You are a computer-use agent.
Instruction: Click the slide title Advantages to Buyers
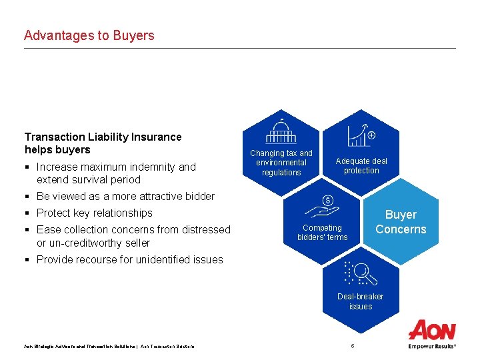[89, 35]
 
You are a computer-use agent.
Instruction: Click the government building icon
[281, 131]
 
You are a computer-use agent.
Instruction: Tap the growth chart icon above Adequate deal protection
[361, 135]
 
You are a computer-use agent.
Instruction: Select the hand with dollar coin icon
[322, 207]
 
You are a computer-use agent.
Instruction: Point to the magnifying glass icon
[361, 273]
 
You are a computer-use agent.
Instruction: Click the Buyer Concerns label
[400, 222]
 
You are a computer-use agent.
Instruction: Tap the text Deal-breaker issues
[361, 301]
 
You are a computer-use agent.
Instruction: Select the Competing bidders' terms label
[322, 233]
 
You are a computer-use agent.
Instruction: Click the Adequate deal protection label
[361, 166]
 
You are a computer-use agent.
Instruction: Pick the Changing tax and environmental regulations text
[281, 163]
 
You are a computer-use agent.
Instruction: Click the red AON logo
[432, 330]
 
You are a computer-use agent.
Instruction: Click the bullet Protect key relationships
[94, 213]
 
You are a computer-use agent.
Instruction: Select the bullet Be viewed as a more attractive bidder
[125, 196]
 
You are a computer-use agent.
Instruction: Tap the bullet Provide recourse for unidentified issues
[129, 259]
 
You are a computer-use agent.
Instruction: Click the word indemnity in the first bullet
[153, 167]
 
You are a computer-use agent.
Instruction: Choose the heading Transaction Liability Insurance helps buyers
[103, 143]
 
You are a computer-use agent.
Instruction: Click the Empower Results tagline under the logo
[432, 347]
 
